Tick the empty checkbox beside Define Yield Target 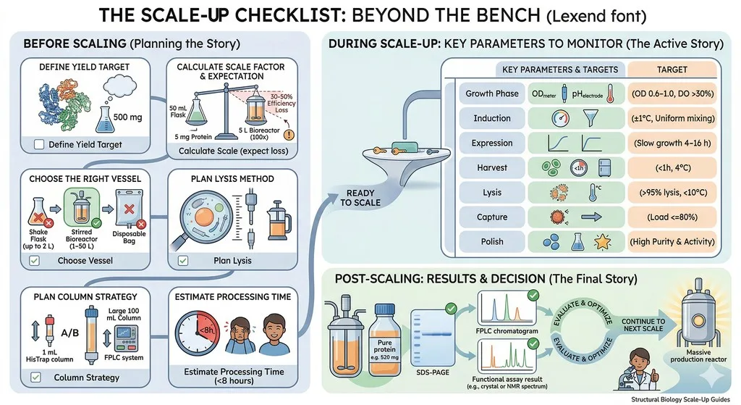pos(39,144)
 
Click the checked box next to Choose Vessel pos(35,260)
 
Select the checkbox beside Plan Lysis pos(183,260)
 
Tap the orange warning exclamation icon pos(289,135)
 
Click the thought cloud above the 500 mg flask pos(119,87)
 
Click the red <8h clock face pos(197,331)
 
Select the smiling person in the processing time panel pos(274,334)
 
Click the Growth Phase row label pos(492,93)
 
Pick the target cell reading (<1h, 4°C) pos(672,167)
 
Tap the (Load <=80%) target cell pos(672,217)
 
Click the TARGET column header pos(672,70)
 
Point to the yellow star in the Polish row pos(602,242)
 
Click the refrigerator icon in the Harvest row pos(604,167)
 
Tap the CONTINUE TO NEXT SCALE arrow pos(645,325)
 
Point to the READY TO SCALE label pos(360,198)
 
